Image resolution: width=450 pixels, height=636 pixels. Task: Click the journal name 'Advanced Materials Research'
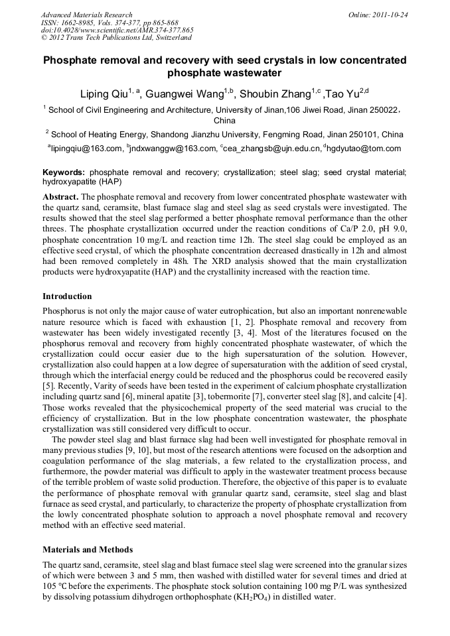(x=86, y=15)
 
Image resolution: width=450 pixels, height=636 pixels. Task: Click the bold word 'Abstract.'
(x=61, y=198)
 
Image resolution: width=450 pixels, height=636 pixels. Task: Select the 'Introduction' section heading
(x=67, y=296)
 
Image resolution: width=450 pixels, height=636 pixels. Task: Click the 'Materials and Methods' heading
(x=88, y=550)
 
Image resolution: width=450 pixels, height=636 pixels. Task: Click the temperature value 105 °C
(x=57, y=586)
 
